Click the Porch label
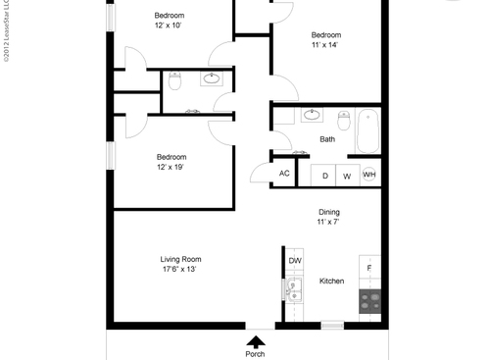(255, 354)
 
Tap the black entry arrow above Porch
(255, 341)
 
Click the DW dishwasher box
(295, 260)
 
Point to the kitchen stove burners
(369, 302)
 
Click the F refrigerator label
(369, 268)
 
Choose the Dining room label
(328, 212)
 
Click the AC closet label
(284, 174)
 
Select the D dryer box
(324, 176)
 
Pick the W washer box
(346, 176)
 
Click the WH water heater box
(369, 176)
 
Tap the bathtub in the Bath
(369, 130)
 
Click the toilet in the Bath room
(344, 121)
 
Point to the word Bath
(327, 139)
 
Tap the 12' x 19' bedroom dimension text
(171, 167)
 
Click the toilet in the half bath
(174, 81)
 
